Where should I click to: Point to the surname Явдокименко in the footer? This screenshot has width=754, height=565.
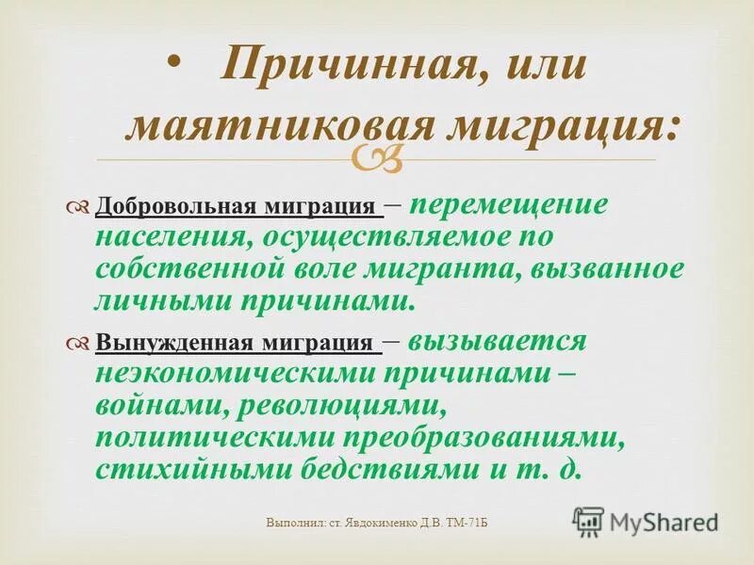(x=373, y=521)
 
